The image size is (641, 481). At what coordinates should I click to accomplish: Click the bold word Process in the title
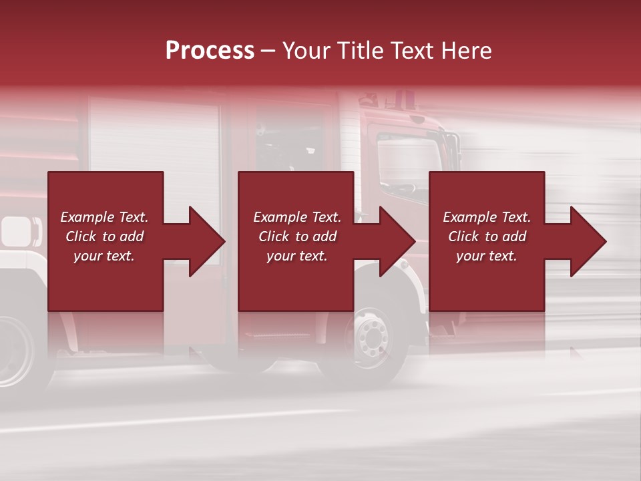pos(210,51)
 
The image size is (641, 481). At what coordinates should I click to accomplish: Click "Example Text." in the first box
pos(104,217)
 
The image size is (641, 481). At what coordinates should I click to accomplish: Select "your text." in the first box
pos(104,256)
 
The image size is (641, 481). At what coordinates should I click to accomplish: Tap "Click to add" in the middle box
pos(297,236)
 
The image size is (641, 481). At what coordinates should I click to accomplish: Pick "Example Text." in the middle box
pos(297,217)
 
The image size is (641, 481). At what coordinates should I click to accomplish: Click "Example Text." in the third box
pos(487,217)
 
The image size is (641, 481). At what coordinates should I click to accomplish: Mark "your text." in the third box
pos(487,256)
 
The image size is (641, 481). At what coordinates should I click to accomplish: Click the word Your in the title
pos(306,51)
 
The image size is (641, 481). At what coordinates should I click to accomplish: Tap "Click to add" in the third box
pos(487,236)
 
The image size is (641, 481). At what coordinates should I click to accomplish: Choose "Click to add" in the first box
pos(104,236)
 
